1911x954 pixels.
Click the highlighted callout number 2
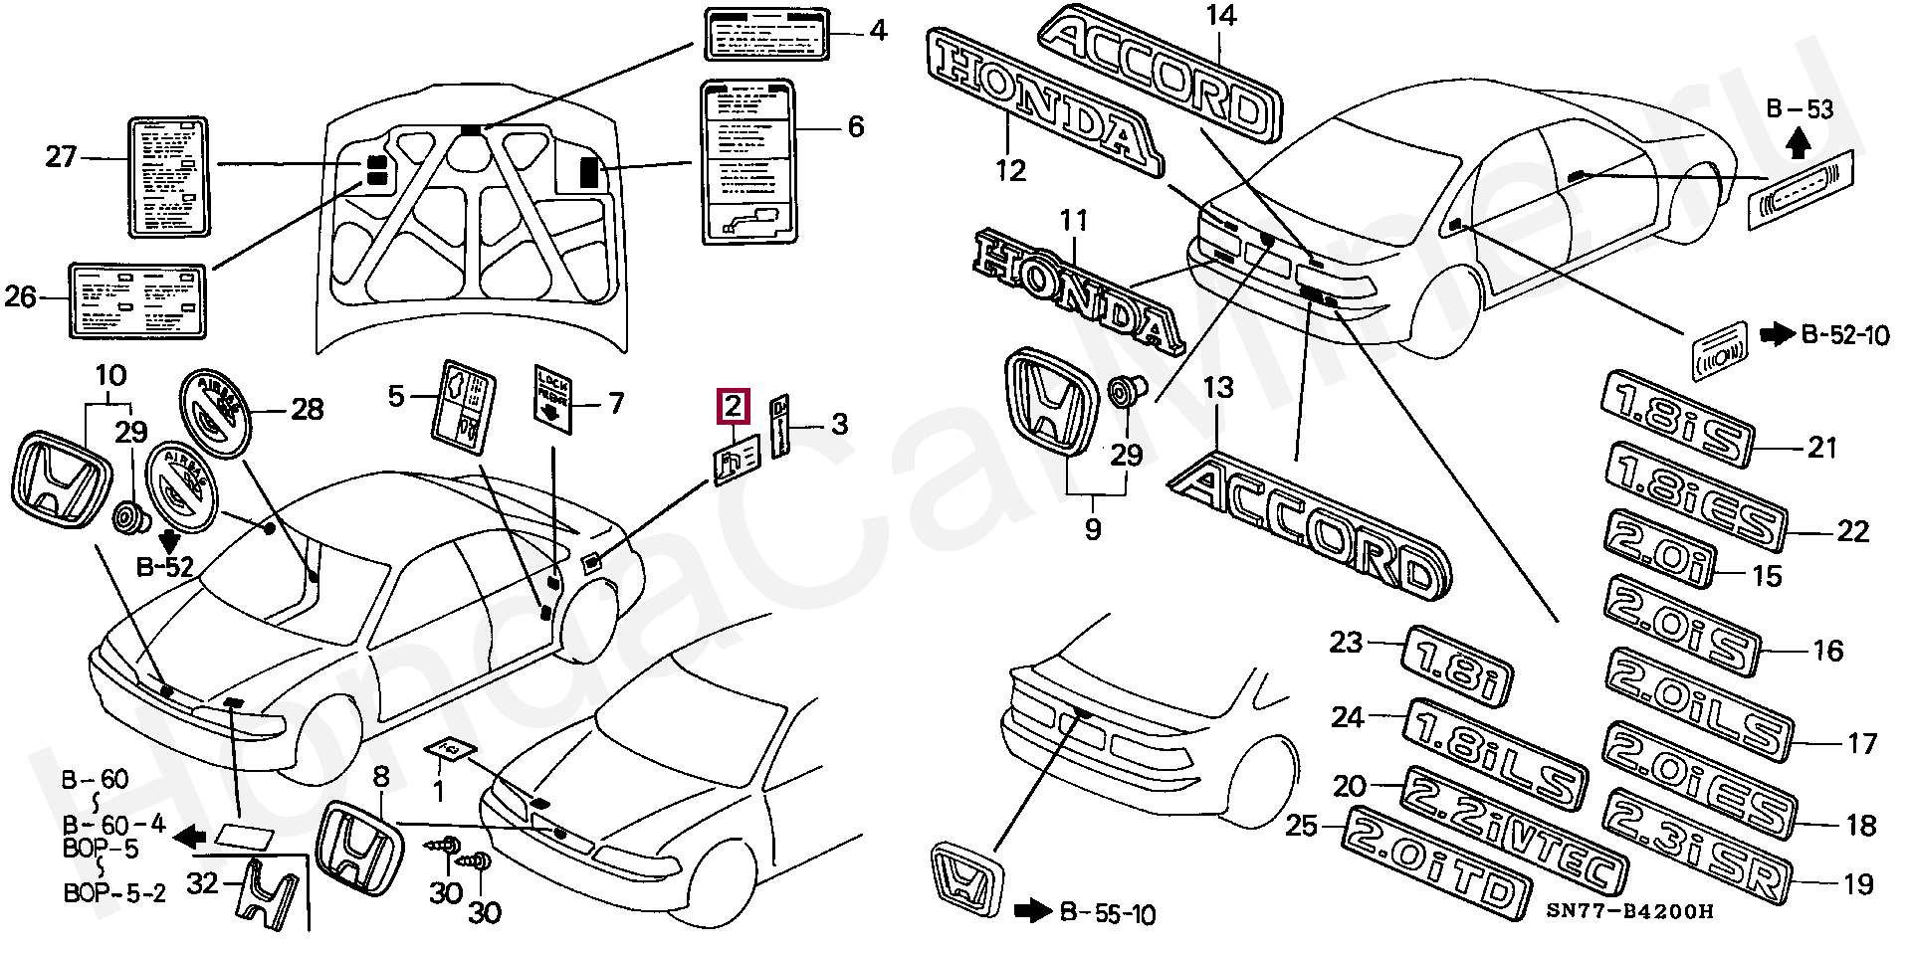click(x=733, y=406)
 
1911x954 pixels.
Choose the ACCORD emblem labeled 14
click(x=1159, y=76)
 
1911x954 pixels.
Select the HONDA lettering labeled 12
click(x=1044, y=100)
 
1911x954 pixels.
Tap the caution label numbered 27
click(x=169, y=178)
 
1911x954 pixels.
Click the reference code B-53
click(x=1800, y=110)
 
